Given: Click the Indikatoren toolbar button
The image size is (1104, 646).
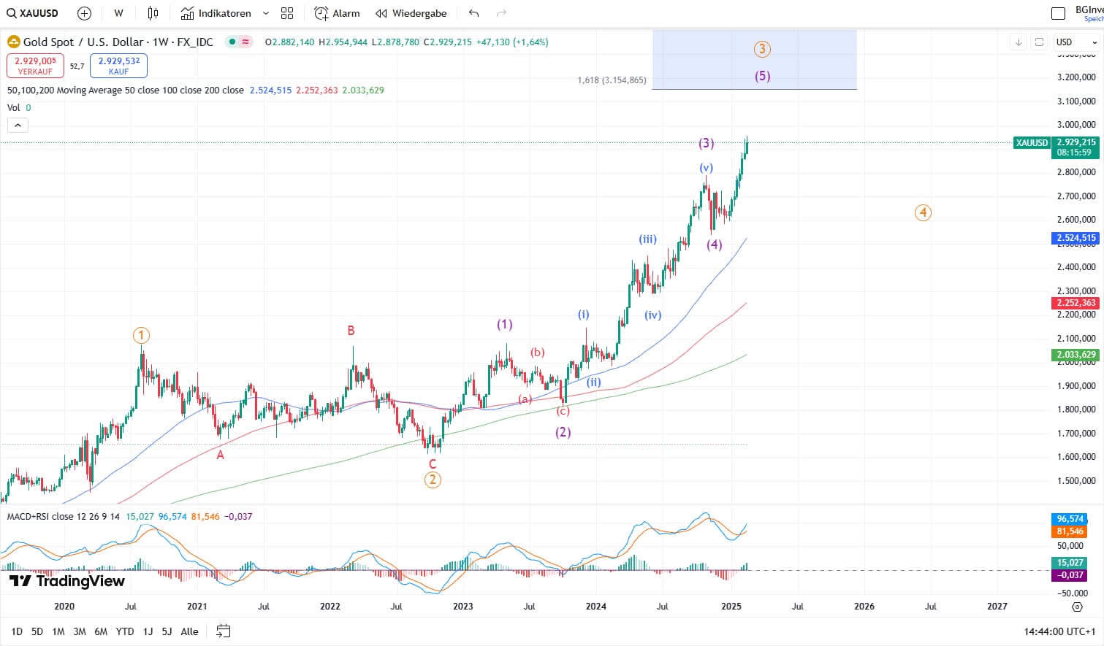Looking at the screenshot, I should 216,13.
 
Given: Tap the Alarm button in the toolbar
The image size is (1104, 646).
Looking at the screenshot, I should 337,13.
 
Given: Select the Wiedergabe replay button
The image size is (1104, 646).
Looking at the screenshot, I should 411,13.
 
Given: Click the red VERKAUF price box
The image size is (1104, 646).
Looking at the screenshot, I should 35,66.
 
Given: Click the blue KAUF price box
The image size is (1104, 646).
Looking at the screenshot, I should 118,66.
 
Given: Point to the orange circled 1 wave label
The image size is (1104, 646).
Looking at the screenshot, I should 141,335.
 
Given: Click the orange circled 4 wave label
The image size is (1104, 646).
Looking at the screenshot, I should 923,212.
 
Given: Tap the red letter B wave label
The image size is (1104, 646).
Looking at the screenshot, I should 351,331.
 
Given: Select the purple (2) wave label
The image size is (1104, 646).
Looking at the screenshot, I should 563,432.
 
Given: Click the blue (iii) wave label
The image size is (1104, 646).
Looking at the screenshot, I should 647,239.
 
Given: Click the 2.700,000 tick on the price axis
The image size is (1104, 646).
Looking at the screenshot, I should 1076,196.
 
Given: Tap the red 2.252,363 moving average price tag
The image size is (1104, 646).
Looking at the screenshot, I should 1076,303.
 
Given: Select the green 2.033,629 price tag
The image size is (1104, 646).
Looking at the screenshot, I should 1076,355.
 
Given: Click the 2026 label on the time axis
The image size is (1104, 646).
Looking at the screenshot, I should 864,606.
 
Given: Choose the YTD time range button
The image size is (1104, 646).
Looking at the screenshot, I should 125,631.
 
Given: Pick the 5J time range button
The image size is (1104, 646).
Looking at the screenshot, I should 167,631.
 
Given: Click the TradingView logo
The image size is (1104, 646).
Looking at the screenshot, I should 67,581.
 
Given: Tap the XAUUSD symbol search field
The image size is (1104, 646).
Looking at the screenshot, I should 33,13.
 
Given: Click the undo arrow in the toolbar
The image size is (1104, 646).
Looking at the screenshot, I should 473,13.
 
